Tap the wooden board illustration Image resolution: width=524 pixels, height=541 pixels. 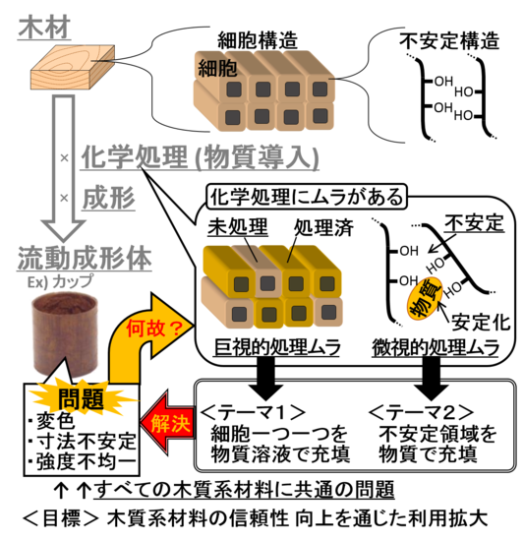73,67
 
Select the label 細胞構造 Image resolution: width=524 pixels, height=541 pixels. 258,40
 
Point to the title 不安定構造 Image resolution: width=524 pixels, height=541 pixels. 449,40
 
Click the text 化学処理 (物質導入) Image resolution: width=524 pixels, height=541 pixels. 200,157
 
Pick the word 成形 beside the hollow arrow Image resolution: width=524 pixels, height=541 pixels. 108,199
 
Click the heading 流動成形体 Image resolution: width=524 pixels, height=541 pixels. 85,258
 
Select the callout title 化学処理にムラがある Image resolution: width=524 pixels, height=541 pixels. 307,197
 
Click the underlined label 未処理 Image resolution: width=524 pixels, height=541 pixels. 238,227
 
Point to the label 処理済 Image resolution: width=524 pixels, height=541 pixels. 323,227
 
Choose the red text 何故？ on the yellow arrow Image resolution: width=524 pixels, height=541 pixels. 153,329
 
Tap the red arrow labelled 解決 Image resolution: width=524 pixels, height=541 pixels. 167,423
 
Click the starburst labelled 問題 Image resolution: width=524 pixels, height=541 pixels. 82,398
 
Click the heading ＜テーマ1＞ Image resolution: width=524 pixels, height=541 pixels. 253,411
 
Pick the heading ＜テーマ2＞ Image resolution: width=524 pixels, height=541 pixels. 422,411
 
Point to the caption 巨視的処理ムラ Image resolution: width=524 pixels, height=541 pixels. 277,347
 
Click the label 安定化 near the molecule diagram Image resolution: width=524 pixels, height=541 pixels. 481,323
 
